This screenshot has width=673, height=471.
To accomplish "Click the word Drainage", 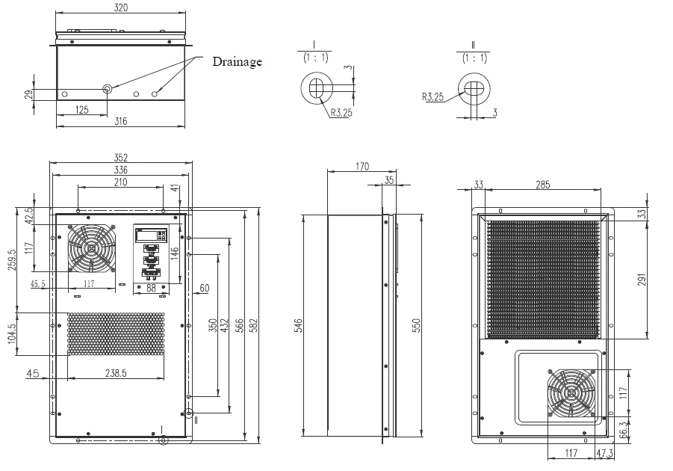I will (237, 61).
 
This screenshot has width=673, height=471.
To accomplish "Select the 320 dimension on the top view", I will (120, 8).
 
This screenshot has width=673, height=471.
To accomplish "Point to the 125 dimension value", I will (81, 110).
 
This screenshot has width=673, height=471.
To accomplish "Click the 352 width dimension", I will (120, 158).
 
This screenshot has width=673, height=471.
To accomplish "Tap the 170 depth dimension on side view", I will (361, 167).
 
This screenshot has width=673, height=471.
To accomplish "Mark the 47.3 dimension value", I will (605, 454).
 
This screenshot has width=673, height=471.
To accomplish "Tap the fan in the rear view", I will (571, 393).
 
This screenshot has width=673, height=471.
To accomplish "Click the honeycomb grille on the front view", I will (116, 333).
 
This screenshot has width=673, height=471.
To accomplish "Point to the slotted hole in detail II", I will (473, 88).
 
